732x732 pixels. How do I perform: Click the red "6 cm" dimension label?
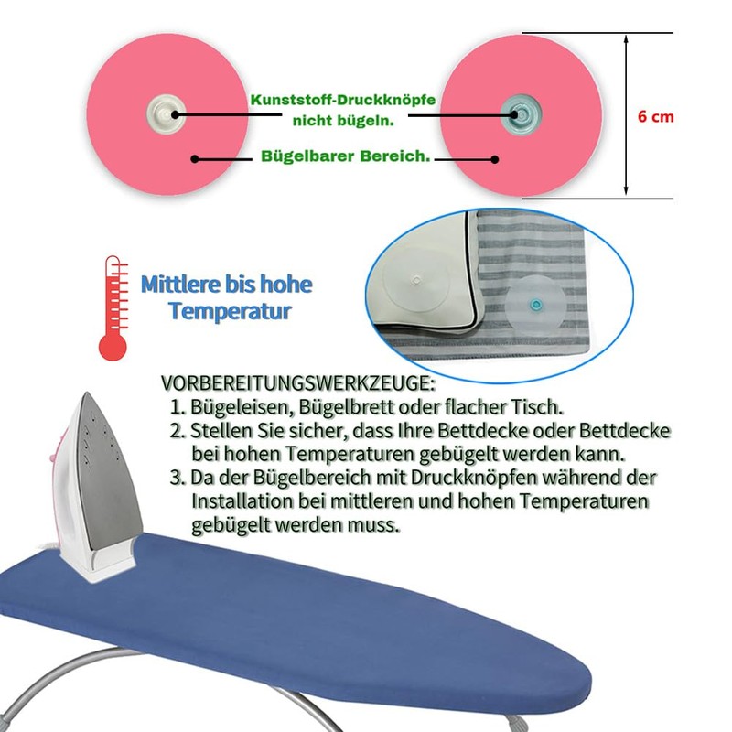[656, 117]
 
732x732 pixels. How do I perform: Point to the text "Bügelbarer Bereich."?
[346, 157]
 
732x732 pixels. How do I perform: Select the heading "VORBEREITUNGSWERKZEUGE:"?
[298, 382]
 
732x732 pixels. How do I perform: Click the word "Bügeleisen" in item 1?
[233, 406]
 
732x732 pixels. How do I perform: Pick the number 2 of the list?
[178, 430]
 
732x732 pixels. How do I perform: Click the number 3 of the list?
[178, 478]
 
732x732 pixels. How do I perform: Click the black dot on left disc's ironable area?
[195, 158]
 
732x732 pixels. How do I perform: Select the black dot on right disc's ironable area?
[495, 158]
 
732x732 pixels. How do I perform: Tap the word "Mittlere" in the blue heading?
[178, 285]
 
